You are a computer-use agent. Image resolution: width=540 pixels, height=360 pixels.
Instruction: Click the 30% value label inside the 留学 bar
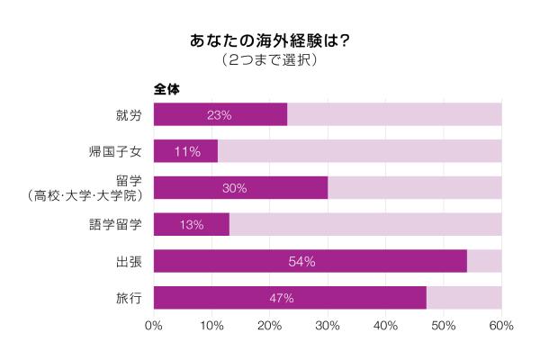(234, 188)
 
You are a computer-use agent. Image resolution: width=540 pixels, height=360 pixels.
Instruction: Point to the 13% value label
(192, 225)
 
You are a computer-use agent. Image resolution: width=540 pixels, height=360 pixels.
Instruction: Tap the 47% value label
(282, 298)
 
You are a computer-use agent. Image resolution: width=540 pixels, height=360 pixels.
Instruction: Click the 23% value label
(220, 114)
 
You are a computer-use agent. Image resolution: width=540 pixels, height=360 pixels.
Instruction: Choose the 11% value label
(186, 151)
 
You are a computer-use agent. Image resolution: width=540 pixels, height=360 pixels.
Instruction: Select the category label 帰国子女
(116, 151)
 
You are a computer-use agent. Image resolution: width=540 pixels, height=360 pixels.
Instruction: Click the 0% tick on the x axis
(154, 325)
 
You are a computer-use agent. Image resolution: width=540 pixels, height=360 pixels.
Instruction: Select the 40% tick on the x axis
(385, 325)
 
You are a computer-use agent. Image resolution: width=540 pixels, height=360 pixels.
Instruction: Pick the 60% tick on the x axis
(501, 325)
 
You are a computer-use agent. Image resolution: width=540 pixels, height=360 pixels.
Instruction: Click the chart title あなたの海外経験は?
(269, 41)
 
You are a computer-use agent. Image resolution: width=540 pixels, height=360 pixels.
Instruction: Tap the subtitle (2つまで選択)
(269, 61)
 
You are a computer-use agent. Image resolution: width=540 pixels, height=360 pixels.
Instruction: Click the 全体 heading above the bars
(167, 89)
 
